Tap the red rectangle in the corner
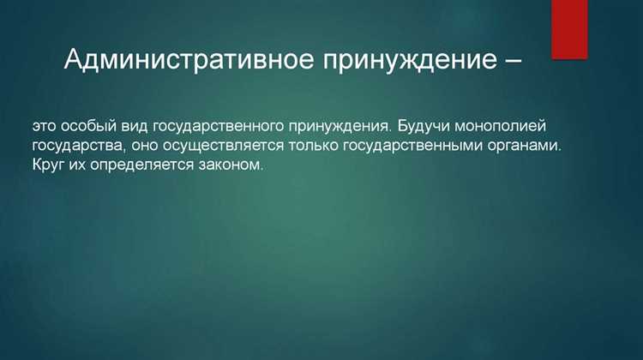[569, 29]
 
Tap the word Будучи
[424, 126]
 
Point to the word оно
[144, 146]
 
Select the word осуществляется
[220, 146]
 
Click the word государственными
[408, 146]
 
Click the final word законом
[230, 165]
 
